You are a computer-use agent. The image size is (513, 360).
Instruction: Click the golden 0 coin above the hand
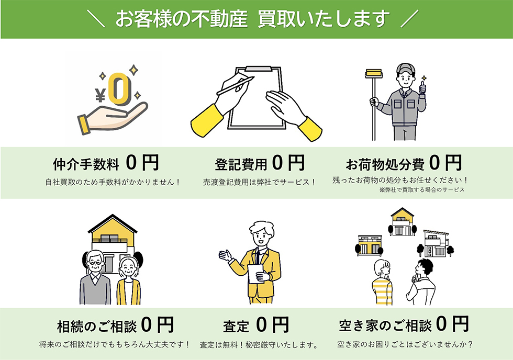[120, 89]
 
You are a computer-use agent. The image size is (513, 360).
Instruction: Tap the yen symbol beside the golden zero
[101, 95]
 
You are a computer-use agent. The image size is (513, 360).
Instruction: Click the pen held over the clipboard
[236, 85]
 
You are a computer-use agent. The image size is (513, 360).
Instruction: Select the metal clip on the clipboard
[259, 69]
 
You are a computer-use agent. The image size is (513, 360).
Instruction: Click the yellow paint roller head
[374, 74]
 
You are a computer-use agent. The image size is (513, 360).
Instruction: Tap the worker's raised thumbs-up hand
[423, 88]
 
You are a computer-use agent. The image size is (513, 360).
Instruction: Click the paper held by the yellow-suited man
[255, 273]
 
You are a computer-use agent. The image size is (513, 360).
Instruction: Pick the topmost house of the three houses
[403, 222]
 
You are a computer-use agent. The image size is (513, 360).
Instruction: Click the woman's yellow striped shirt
[382, 291]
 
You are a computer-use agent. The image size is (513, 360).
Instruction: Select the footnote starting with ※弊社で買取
[422, 190]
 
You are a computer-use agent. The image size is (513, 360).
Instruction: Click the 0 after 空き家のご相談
[441, 324]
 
